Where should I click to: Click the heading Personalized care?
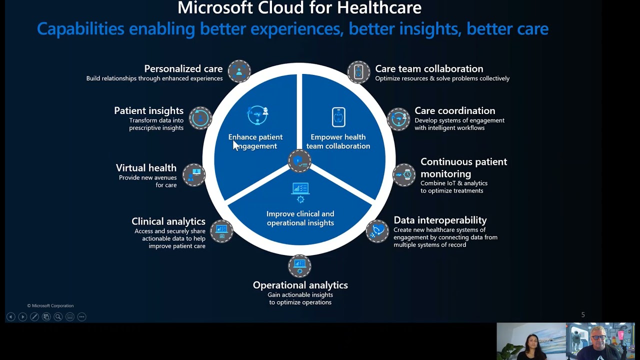[x=183, y=69]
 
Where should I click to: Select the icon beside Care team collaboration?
[x=358, y=72]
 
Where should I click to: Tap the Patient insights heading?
[x=148, y=111]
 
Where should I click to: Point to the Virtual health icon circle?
[x=194, y=175]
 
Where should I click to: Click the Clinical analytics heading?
[x=168, y=221]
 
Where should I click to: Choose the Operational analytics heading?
[x=300, y=285]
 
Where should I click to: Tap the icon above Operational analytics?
[x=299, y=265]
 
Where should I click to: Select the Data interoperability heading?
[x=440, y=220]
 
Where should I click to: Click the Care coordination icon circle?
[x=399, y=118]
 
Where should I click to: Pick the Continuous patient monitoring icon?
[x=404, y=175]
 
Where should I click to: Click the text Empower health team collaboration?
[x=338, y=141]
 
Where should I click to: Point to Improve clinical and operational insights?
[x=300, y=218]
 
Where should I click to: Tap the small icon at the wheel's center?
[x=299, y=161]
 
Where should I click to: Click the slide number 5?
[x=582, y=314]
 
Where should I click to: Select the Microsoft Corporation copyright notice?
[x=50, y=305]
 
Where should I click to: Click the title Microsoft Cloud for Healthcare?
[x=299, y=8]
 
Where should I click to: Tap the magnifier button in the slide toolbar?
[x=58, y=316]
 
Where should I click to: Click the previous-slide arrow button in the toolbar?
[x=10, y=316]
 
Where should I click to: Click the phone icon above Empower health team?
[x=338, y=117]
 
